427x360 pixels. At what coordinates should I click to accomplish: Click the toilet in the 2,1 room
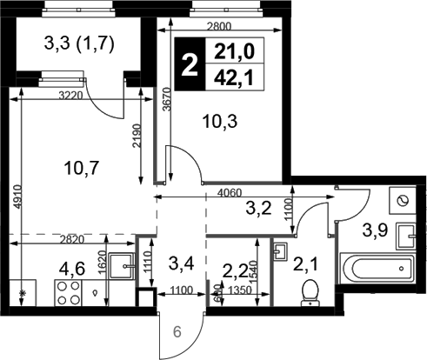pos(310,293)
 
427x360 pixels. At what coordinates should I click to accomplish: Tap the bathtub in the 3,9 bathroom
pos(378,268)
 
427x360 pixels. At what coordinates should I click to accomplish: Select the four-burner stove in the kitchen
pos(68,293)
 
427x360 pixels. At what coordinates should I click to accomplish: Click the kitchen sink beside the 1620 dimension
pos(123,266)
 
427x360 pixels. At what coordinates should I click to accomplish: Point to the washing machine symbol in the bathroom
pos(403,201)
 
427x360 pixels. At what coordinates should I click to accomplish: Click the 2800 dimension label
pos(219,26)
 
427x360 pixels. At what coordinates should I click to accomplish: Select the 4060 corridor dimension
pos(230,193)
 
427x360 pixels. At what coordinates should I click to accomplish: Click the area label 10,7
pos(82,169)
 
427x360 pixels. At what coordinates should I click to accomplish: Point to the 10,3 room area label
pos(220,121)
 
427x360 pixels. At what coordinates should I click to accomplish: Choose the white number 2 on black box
pos(190,64)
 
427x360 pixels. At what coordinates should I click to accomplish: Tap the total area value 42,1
pos(234,77)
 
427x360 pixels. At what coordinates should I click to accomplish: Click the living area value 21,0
pos(234,51)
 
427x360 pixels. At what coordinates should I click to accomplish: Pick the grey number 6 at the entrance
pos(177,332)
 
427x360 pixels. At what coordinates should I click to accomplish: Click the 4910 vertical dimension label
pos(18,197)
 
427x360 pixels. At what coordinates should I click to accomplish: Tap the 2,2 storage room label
pos(236,271)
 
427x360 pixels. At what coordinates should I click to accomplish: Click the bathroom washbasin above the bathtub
pos(406,237)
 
